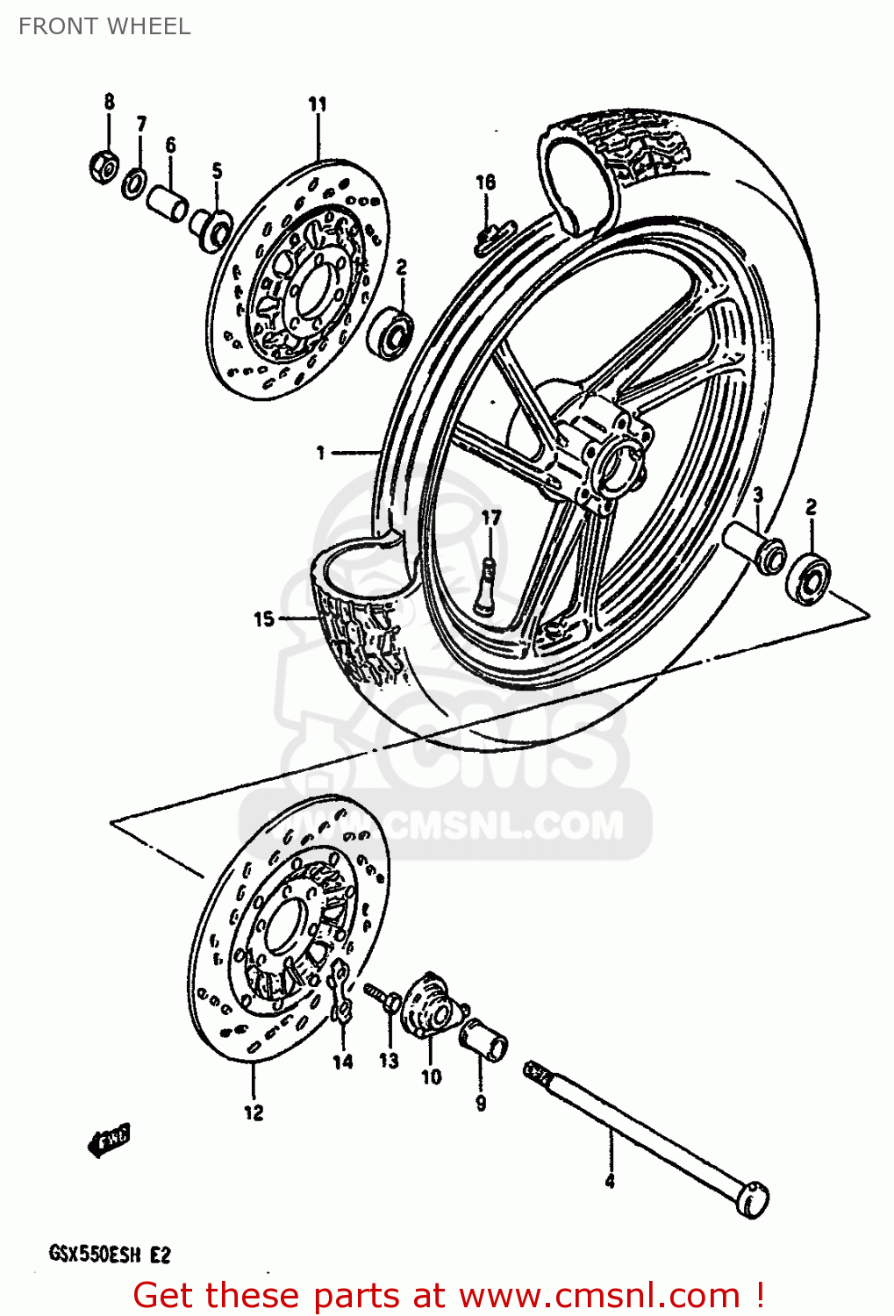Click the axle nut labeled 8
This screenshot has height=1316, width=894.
click(x=104, y=165)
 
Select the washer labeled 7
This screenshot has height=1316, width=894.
click(x=134, y=184)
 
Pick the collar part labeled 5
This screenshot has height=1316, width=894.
click(x=211, y=228)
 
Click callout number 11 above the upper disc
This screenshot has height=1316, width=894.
click(x=317, y=104)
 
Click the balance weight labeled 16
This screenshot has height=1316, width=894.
click(x=490, y=238)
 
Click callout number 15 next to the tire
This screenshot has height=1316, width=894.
click(x=263, y=619)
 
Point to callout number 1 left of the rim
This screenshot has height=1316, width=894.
click(x=320, y=453)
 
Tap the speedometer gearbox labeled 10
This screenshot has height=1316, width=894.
click(x=430, y=1009)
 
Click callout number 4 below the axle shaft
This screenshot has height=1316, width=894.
click(x=610, y=1181)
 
